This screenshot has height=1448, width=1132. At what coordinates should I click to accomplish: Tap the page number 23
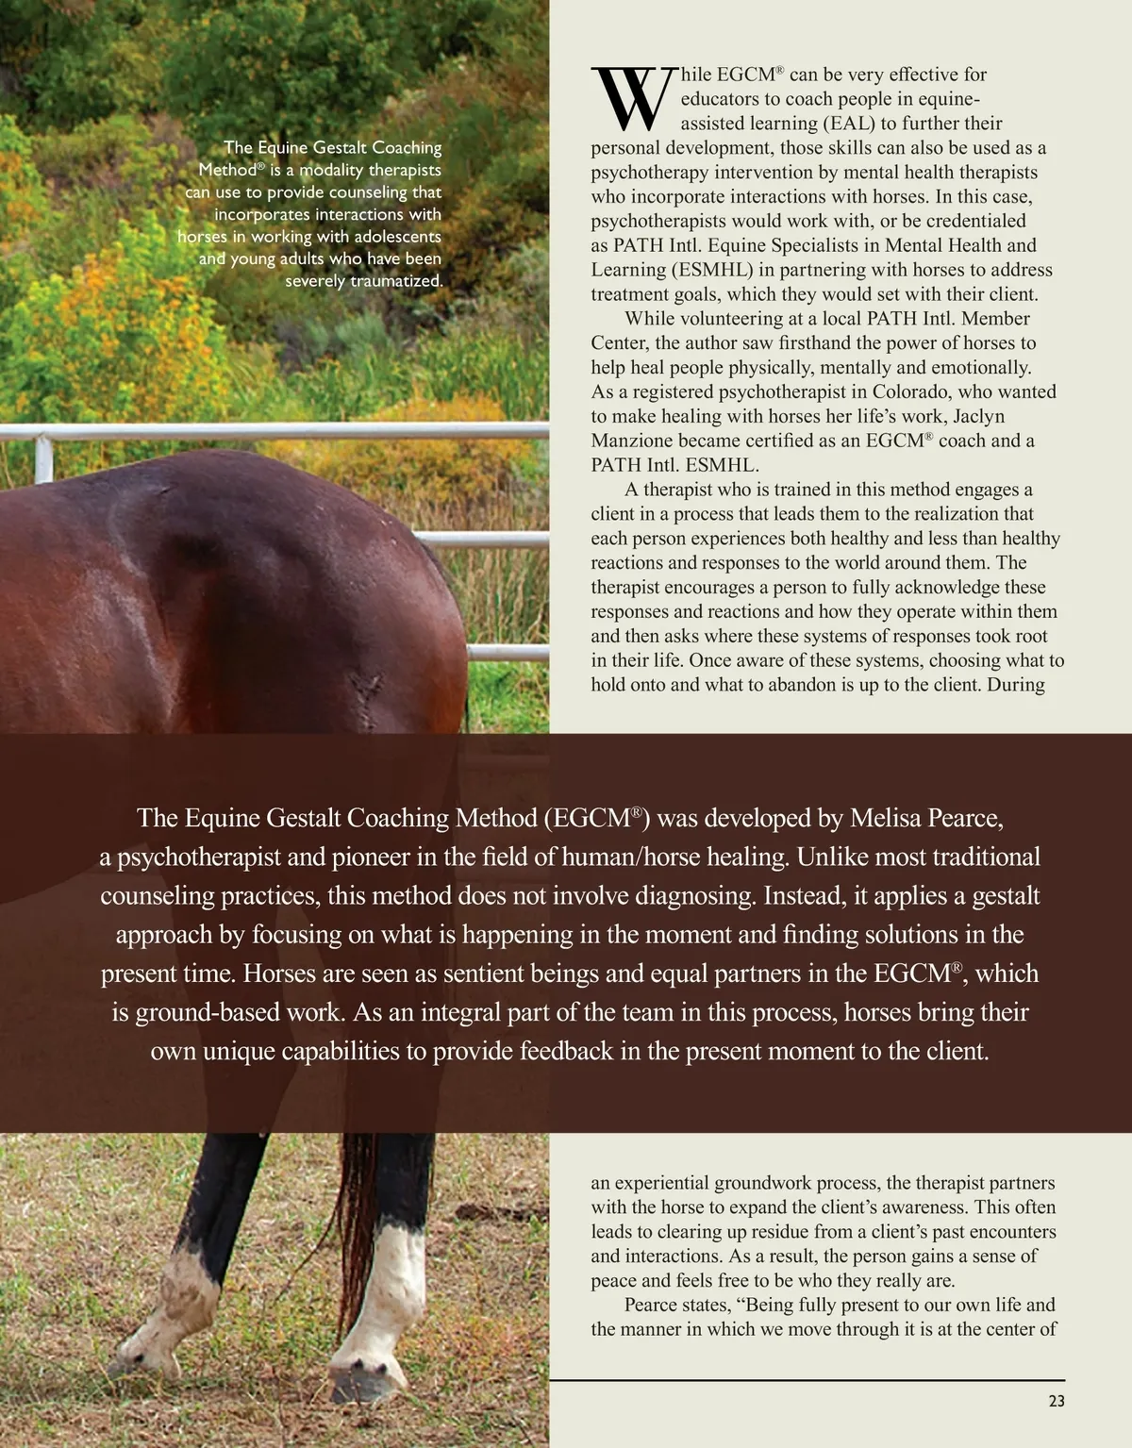pyautogui.click(x=1056, y=1401)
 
